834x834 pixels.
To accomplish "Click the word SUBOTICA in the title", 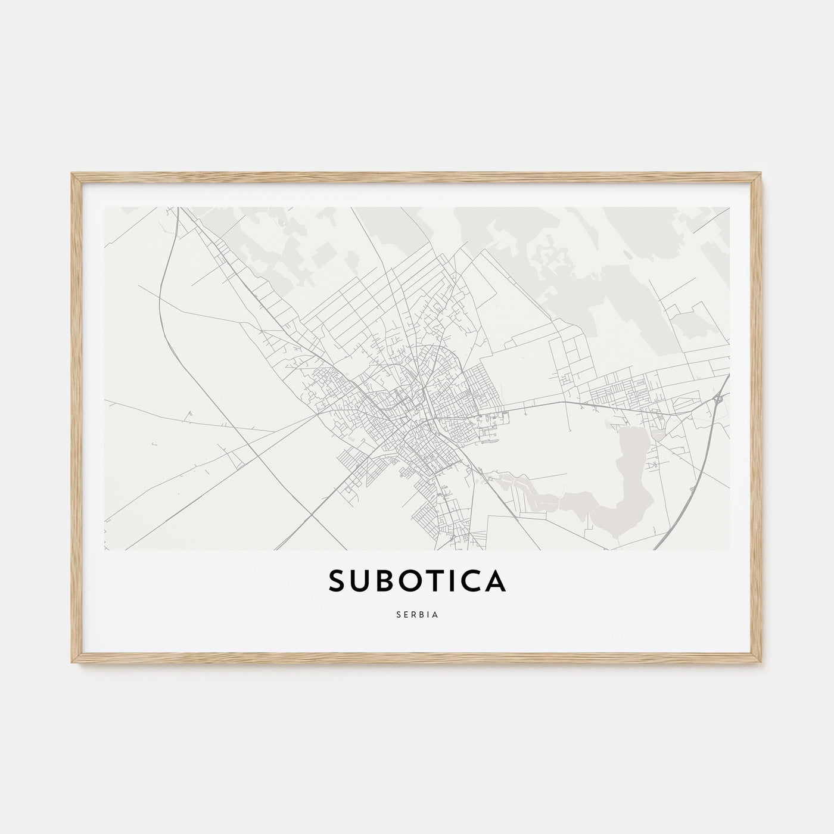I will coord(417,582).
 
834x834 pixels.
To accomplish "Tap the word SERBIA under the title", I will coord(417,615).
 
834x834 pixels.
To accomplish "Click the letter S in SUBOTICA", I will coord(337,582).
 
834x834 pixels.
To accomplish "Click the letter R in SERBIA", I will coord(414,615).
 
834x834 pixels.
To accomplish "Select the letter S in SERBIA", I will coord(397,615).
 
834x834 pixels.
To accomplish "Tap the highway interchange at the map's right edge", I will coord(719,398).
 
